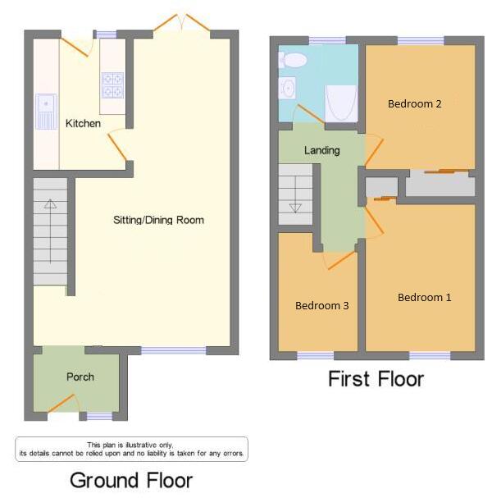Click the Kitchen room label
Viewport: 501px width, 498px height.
tap(83, 123)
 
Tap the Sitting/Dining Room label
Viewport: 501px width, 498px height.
tap(158, 220)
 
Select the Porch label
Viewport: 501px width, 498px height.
tap(80, 377)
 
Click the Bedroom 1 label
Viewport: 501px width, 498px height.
tap(424, 297)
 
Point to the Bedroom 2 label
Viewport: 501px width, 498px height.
tap(415, 103)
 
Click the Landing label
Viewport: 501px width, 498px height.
tap(321, 150)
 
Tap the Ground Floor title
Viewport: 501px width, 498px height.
tap(131, 480)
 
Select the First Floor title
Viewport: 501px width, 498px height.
tap(376, 379)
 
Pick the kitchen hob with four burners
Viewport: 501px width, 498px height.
tap(112, 80)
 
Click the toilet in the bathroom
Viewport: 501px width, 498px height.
tap(293, 59)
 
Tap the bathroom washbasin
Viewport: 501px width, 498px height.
tap(288, 87)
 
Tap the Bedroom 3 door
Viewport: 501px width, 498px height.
tap(341, 260)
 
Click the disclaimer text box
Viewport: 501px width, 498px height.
tap(131, 449)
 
